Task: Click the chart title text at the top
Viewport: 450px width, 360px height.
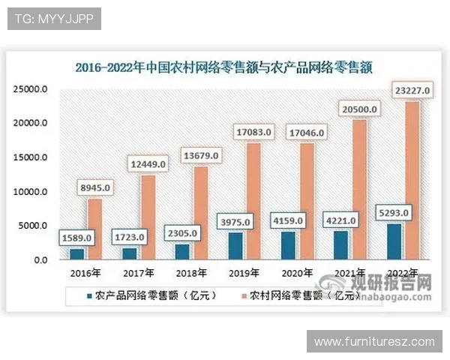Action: tap(225, 67)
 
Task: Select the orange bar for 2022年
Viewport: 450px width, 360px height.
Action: tap(412, 180)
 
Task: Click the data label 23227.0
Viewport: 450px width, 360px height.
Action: tap(412, 91)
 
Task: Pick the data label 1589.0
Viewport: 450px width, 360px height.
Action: tap(76, 238)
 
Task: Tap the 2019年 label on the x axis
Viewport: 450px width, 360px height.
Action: tap(245, 272)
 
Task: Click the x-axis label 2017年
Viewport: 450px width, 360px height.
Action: tap(139, 272)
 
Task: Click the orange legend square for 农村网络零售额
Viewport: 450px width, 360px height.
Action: tap(242, 295)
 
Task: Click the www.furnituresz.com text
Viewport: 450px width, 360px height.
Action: tap(374, 342)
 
